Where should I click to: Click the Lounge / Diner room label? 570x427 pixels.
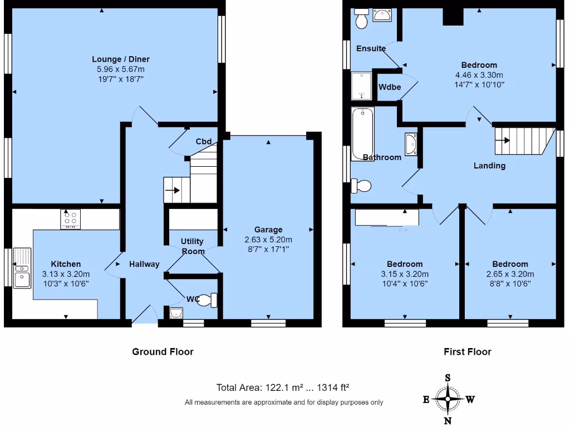tap(121, 59)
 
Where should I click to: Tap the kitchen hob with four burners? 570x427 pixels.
tap(70, 219)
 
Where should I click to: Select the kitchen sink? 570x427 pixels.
tap(22, 269)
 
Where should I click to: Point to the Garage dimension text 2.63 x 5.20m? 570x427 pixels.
tap(268, 240)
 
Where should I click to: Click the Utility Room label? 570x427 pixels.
tap(192, 246)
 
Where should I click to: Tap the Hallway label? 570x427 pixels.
tap(144, 264)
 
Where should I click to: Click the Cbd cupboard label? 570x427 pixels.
tap(203, 141)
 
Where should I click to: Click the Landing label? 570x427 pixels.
tap(489, 165)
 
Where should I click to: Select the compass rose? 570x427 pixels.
tap(448, 399)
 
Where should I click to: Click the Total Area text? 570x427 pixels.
tap(282, 388)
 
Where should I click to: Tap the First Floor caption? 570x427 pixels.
tap(467, 351)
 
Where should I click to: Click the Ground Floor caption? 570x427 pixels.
tap(163, 351)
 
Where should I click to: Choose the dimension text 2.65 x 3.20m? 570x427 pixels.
tap(509, 274)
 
